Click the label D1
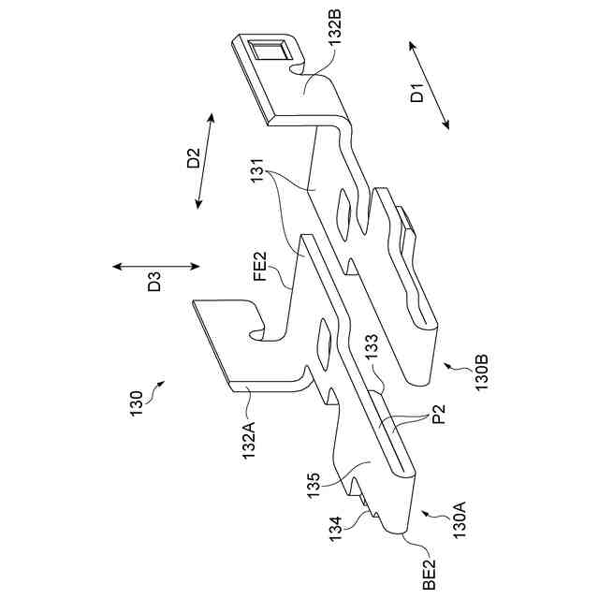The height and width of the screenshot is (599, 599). [418, 93]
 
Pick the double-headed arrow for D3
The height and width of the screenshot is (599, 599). [155, 266]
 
